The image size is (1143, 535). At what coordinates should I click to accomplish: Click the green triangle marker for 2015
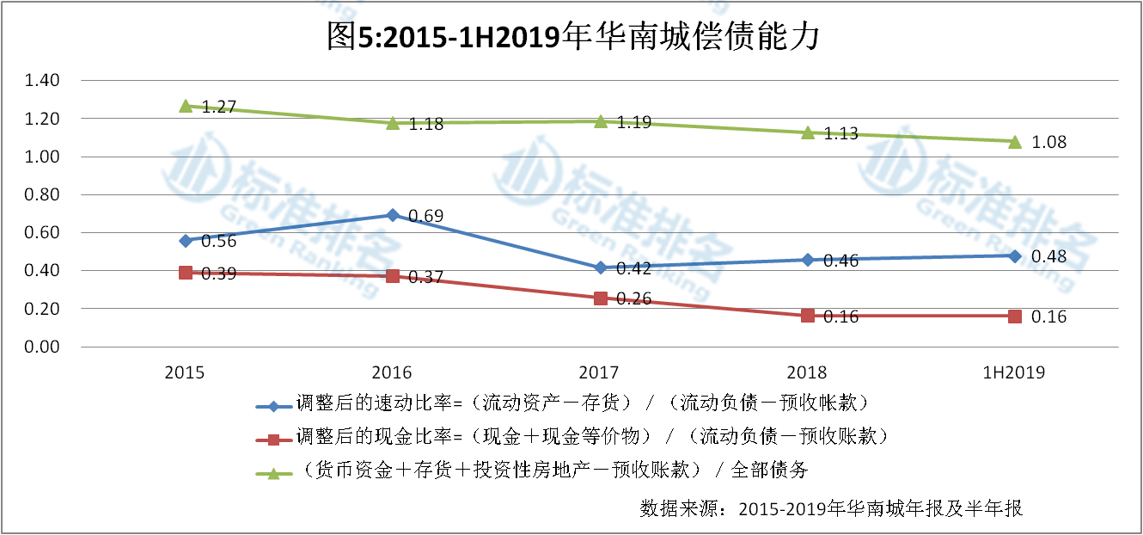click(186, 106)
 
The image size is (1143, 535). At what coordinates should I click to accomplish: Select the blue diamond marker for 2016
click(392, 215)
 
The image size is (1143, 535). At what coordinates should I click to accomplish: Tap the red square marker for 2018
click(807, 316)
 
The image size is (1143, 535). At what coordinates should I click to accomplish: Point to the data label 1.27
click(219, 108)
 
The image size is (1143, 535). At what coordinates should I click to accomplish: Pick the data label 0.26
click(634, 299)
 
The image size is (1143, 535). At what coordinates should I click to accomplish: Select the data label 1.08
click(1049, 143)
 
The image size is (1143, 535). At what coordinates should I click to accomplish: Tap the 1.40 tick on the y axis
click(42, 81)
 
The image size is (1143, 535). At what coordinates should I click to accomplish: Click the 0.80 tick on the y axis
click(42, 194)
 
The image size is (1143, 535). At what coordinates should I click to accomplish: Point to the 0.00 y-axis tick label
click(42, 347)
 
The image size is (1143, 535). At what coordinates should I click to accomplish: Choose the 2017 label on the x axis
click(599, 372)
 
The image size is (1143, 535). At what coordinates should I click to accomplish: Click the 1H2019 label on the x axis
click(1015, 372)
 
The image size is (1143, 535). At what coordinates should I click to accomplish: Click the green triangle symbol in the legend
click(272, 472)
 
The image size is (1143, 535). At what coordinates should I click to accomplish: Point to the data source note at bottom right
click(831, 507)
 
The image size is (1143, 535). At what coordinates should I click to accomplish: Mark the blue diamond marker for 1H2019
click(1015, 256)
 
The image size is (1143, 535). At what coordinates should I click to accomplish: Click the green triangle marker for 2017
click(600, 121)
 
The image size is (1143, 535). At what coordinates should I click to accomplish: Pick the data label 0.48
click(1049, 257)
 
